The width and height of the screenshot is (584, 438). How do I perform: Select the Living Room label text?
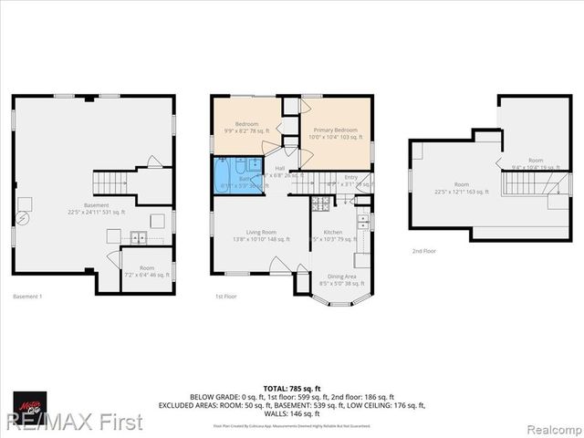pos(260,235)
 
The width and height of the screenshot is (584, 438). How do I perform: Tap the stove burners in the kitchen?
pos(362,221)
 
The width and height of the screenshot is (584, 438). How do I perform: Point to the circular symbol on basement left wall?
pos(25,217)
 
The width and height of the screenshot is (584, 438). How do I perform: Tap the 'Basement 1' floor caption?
pos(27,297)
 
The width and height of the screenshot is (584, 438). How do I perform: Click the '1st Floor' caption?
pos(227,297)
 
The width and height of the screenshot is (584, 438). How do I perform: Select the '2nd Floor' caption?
pos(423,251)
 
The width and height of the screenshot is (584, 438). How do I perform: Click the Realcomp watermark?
pos(550,423)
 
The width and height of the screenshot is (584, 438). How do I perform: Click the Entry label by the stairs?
pos(350,179)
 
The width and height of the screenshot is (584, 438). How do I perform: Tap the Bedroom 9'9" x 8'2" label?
pos(246,128)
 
